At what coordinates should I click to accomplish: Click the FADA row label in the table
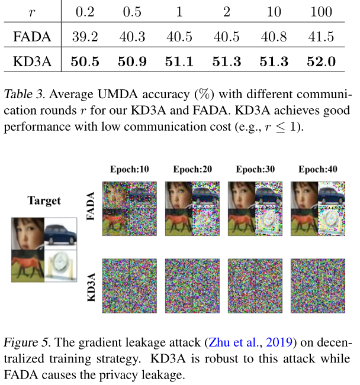[x=32, y=37]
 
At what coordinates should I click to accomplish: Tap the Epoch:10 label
[x=129, y=170]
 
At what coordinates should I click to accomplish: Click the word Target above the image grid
[x=44, y=201]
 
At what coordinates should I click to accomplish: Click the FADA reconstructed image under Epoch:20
[x=192, y=212]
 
